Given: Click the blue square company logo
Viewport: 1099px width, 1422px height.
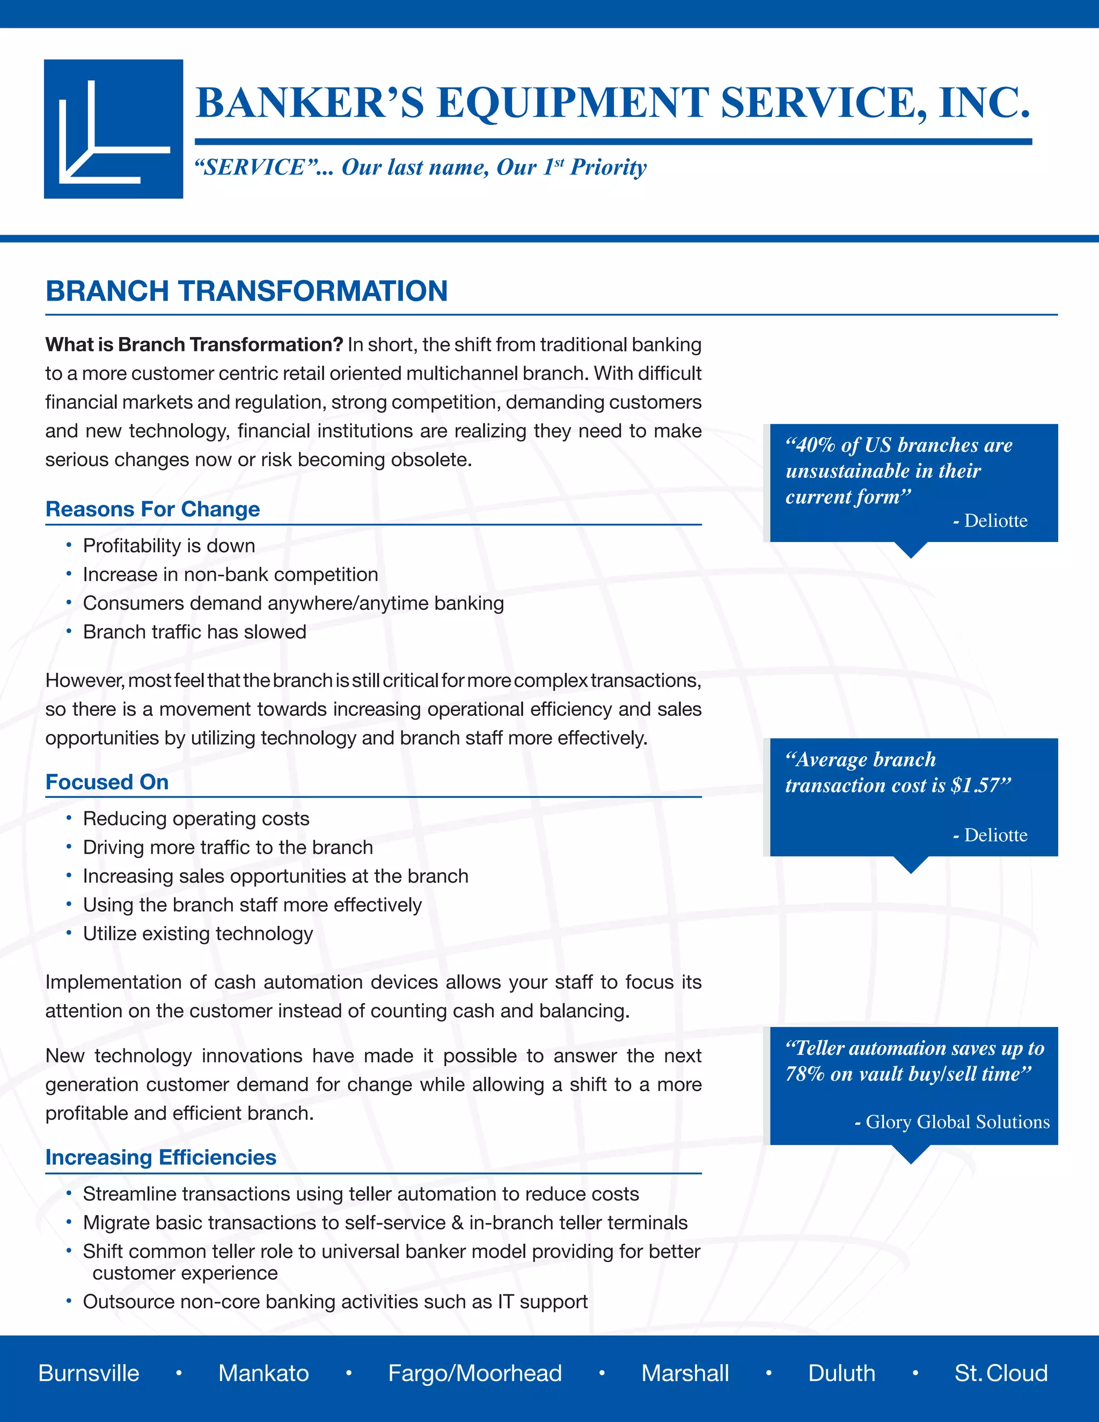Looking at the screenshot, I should [113, 129].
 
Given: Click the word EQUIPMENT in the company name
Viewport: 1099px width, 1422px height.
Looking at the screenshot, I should [573, 103].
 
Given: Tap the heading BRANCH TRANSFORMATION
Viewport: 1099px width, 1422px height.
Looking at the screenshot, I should [246, 291].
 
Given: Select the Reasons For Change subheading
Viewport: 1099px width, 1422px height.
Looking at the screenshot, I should [152, 509].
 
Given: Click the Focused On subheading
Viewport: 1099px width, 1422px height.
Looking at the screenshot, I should [107, 782].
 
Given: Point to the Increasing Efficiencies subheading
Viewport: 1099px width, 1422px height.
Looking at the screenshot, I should [161, 1157].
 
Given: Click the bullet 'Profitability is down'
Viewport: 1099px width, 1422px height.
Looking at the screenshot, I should [168, 546].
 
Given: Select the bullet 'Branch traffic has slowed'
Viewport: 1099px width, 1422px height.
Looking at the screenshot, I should [194, 632].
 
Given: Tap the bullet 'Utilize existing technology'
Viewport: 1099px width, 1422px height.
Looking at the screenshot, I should [197, 934].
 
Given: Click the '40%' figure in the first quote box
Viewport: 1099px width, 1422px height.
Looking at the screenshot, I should [815, 445].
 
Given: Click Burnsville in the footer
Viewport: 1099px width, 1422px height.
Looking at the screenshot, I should [89, 1373].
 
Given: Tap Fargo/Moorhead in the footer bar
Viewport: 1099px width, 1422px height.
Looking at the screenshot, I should [474, 1373].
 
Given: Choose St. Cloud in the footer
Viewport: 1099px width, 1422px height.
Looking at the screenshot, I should [1001, 1373].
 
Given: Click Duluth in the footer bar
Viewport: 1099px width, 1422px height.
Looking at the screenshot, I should [841, 1373].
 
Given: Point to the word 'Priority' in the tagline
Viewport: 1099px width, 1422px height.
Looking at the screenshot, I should [608, 167].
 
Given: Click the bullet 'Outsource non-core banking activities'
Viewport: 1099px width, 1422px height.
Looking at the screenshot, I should [335, 1302].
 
